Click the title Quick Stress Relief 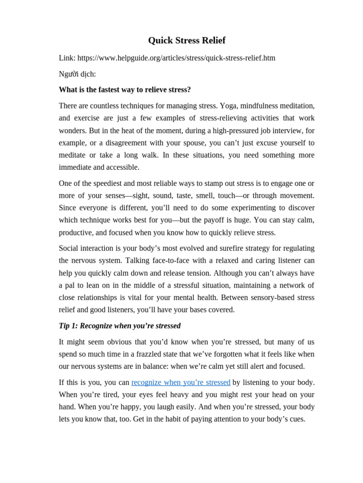point(187,41)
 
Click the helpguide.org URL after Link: point(176,58)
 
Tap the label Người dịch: point(77,74)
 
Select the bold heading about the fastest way point(125,90)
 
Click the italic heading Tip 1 point(120,326)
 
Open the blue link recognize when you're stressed point(181,382)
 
